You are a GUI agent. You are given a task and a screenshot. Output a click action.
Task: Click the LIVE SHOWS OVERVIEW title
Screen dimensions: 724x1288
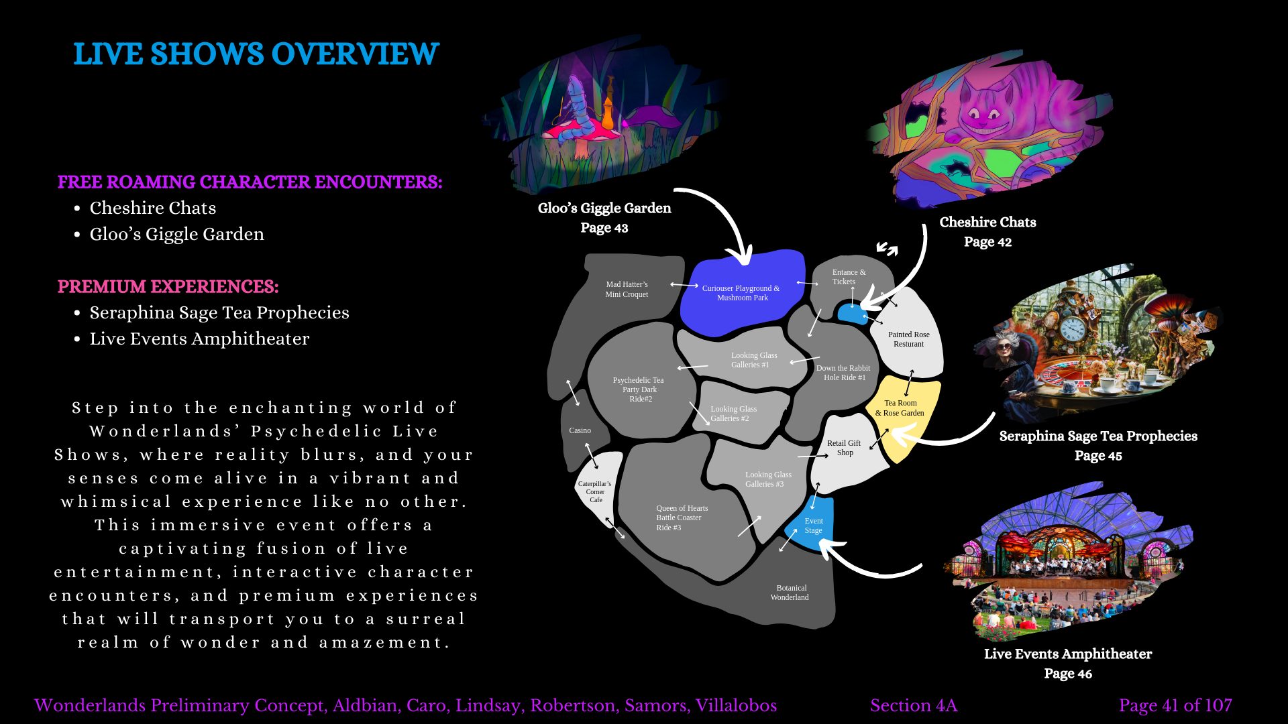coord(256,54)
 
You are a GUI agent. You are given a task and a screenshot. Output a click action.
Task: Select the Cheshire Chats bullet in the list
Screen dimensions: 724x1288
coord(153,208)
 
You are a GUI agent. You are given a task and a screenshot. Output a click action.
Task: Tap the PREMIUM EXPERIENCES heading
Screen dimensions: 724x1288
coord(168,286)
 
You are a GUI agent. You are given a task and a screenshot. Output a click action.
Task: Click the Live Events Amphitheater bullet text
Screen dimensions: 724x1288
coord(199,339)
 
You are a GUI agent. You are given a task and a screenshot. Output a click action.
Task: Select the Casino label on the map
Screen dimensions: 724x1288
coord(580,430)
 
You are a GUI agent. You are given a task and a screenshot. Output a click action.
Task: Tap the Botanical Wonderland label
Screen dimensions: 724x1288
coord(790,593)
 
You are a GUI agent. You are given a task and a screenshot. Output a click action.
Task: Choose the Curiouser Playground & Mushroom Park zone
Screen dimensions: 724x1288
coord(741,293)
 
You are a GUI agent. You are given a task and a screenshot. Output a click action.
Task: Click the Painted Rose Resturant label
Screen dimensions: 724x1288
coord(908,339)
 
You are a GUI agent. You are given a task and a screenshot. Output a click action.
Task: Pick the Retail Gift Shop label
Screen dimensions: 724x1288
coord(844,448)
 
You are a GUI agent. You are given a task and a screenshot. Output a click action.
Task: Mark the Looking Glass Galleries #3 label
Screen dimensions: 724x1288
coord(767,479)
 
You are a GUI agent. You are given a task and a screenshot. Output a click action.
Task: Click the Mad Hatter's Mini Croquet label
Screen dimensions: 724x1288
coord(627,289)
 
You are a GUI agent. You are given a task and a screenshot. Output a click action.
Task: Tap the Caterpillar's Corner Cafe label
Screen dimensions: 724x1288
coord(595,491)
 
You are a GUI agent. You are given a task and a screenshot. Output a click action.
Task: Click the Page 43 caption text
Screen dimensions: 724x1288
coord(604,228)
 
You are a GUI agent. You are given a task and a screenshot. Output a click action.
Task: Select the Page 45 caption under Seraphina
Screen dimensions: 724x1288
coord(1097,456)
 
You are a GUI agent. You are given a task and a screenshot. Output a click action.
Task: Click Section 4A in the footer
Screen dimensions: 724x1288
coord(914,705)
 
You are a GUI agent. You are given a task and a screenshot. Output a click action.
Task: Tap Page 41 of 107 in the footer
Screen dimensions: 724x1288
coord(1175,705)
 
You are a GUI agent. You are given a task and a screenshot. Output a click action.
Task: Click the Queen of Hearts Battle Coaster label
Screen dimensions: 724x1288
coord(680,518)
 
